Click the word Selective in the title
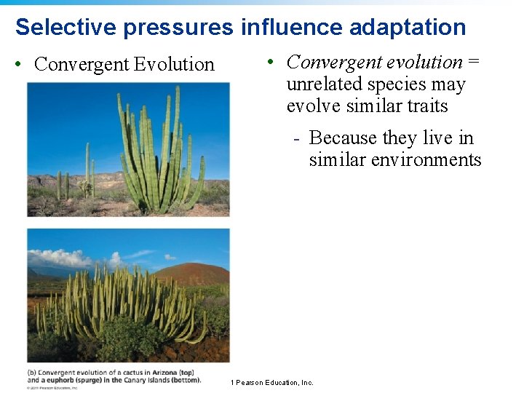[x=66, y=27]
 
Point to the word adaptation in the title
[x=408, y=28]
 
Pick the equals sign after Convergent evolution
[x=473, y=63]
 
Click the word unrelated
[x=324, y=84]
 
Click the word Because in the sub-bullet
[x=343, y=138]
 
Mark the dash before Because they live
[x=297, y=139]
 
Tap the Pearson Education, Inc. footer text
[x=274, y=383]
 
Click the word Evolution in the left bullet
[x=175, y=64]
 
